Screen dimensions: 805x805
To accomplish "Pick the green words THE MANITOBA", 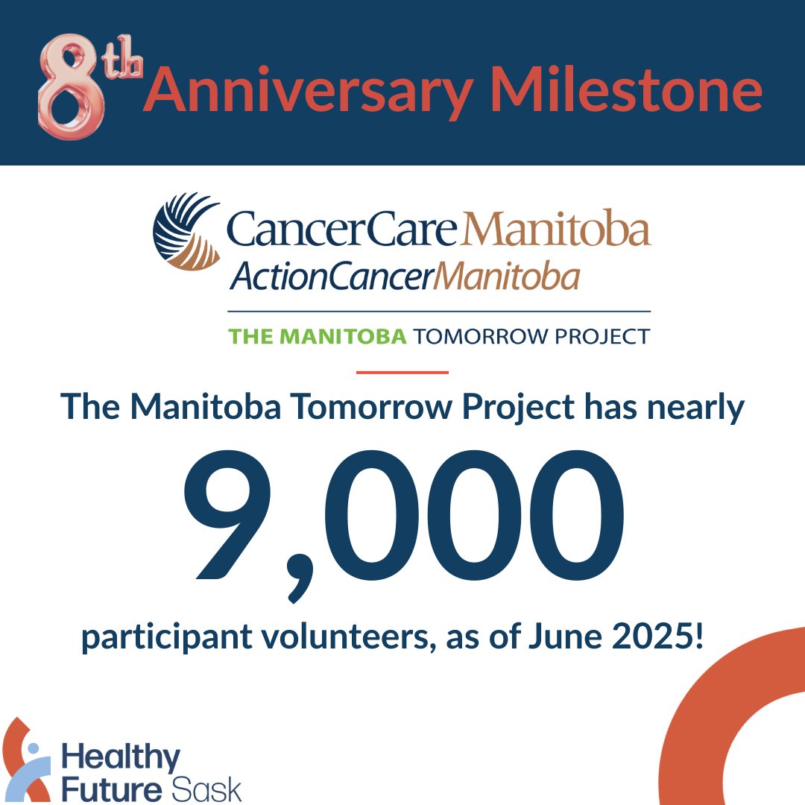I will tap(318, 336).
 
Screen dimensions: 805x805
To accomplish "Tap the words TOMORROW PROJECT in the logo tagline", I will tap(531, 336).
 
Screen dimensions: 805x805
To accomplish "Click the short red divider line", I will tap(402, 371).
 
